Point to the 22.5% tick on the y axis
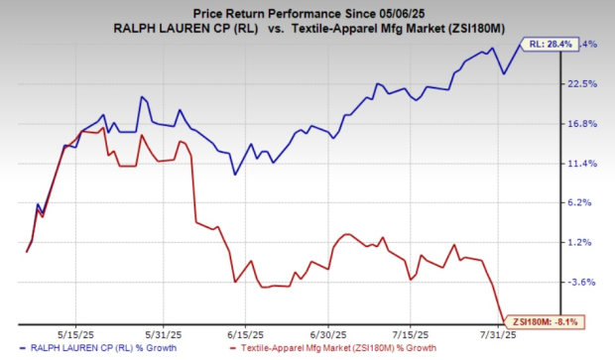pyautogui.click(x=581, y=84)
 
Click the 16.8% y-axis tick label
pyautogui.click(x=581, y=124)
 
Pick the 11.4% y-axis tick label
pyautogui.click(x=581, y=164)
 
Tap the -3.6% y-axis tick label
pyautogui.click(x=582, y=283)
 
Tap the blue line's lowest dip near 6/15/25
pyautogui.click(x=235, y=175)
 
